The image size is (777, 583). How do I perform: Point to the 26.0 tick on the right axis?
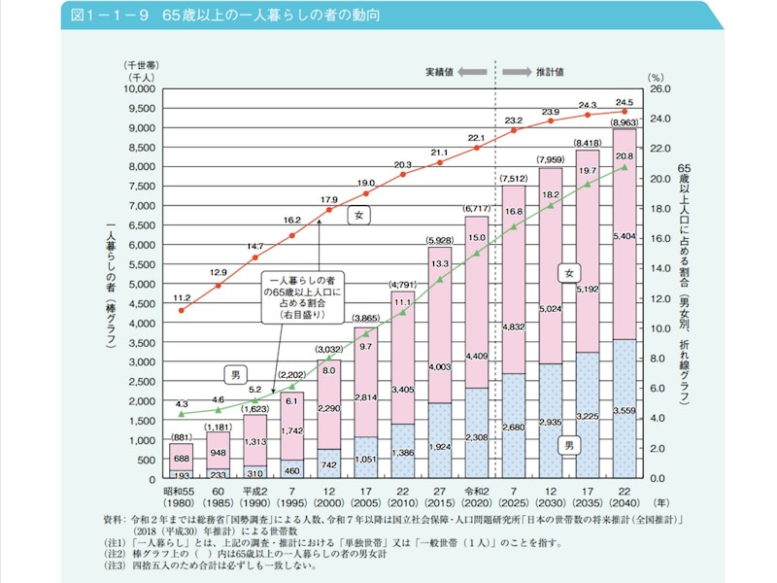point(660,88)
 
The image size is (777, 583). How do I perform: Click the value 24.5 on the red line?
point(624,102)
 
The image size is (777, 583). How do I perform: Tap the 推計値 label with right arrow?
point(545,72)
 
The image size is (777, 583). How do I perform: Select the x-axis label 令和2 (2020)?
point(476,497)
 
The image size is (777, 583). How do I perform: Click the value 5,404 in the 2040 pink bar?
point(625,236)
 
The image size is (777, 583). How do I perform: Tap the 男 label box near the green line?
point(233,373)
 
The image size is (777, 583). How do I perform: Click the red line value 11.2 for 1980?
point(182,296)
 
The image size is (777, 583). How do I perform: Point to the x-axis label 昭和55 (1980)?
point(181,497)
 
